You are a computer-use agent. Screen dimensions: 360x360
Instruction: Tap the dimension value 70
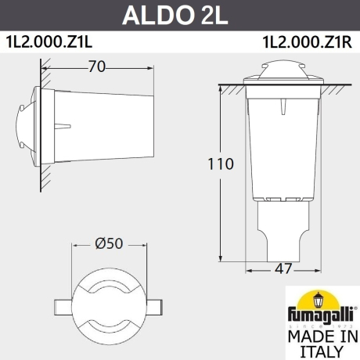click(x=97, y=67)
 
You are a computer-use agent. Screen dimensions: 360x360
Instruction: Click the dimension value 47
click(x=283, y=268)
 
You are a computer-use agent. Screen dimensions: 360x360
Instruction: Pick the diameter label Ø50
click(x=109, y=243)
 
